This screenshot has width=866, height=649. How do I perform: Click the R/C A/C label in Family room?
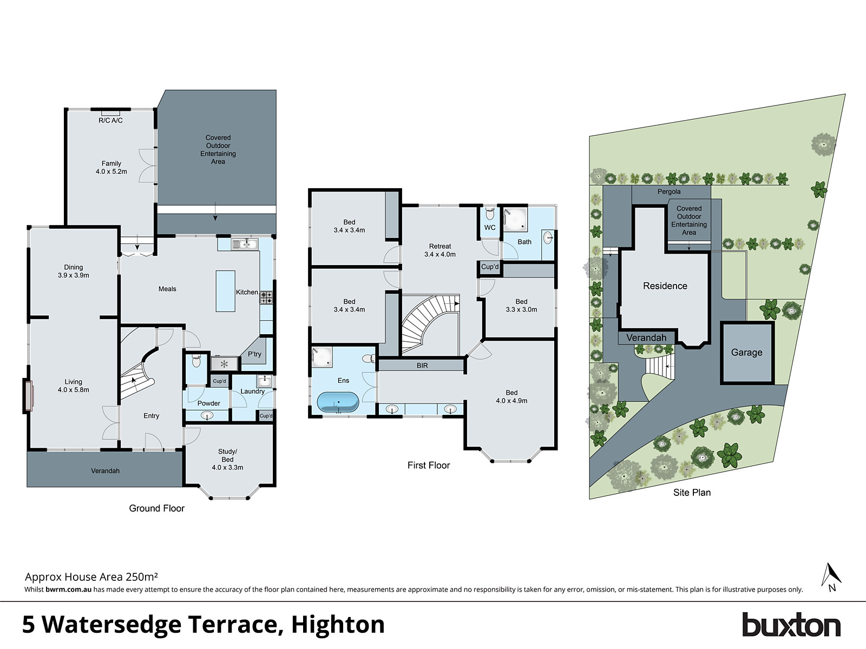click(x=110, y=120)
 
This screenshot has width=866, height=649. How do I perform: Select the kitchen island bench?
click(x=225, y=291)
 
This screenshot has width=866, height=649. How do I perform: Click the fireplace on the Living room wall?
click(x=28, y=396)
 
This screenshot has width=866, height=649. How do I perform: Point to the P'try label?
click(x=254, y=354)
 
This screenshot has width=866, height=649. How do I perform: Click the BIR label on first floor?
click(x=422, y=366)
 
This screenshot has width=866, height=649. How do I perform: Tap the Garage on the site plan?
click(x=746, y=353)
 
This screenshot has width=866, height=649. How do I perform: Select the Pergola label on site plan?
click(x=669, y=191)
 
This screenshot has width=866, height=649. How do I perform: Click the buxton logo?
click(x=791, y=625)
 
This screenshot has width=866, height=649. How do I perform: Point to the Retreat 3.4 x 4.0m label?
click(x=440, y=250)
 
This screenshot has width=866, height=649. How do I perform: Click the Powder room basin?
click(x=207, y=415)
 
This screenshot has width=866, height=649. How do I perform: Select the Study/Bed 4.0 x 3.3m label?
click(x=227, y=459)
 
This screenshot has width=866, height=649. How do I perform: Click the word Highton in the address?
click(x=338, y=625)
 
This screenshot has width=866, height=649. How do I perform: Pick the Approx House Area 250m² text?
click(x=91, y=577)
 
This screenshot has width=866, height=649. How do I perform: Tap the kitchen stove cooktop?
click(x=266, y=297)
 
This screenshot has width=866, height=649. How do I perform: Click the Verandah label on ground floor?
click(x=105, y=471)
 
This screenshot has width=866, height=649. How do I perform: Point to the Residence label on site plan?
click(x=665, y=286)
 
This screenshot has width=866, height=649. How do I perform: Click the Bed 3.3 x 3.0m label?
click(x=521, y=306)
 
